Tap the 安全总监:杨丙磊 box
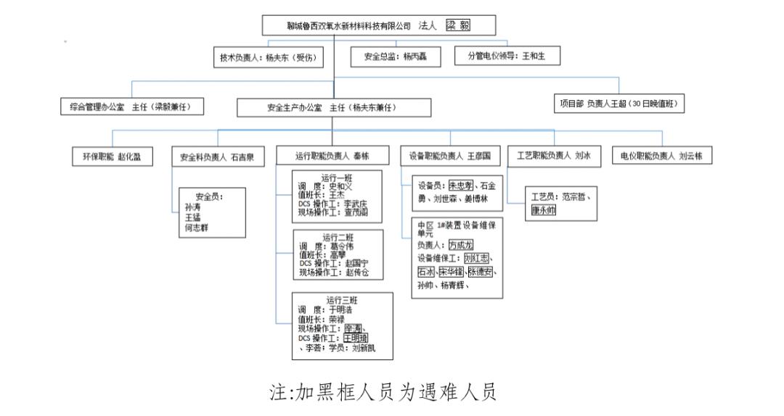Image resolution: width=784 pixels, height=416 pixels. point(396,57)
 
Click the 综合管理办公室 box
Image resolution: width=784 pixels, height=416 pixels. point(131,107)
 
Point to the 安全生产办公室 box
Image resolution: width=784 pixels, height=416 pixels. point(334,107)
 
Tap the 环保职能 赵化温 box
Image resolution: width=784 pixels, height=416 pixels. point(113,156)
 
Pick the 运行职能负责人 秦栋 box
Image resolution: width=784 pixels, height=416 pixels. point(332,156)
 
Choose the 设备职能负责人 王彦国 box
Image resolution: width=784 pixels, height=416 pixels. point(450,156)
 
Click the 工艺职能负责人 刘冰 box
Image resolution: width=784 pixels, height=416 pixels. point(554,155)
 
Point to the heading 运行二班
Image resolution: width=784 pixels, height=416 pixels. point(338,238)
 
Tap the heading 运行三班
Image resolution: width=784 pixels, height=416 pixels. point(341,300)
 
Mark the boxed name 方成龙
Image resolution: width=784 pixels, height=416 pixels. point(465,245)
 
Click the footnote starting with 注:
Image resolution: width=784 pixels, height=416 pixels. point(383,393)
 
